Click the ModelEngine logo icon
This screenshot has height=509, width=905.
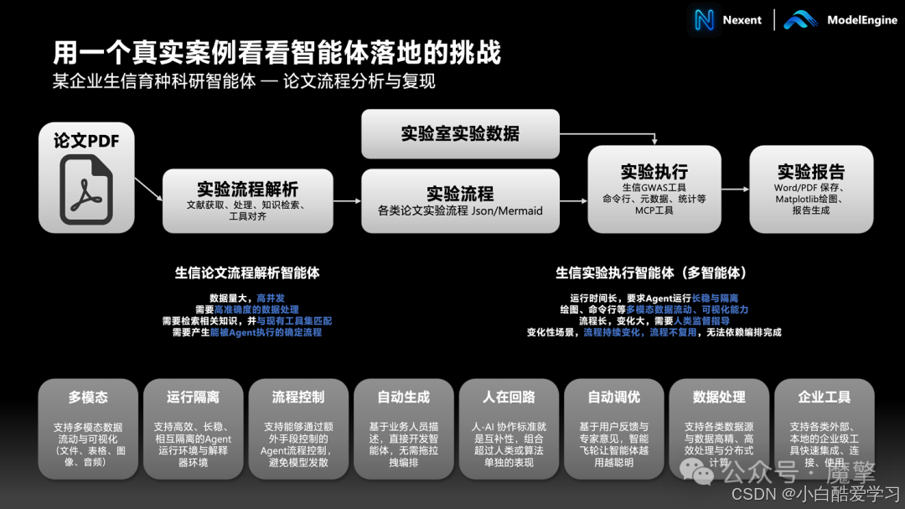coord(800,20)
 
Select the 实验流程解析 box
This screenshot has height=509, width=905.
coord(247,200)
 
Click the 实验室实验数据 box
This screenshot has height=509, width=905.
coord(460,133)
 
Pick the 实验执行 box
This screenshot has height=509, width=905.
coord(654,188)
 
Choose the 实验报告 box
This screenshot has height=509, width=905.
coord(810,188)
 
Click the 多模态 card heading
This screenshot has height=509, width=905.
coord(88,397)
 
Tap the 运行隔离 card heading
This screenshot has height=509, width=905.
coord(193,397)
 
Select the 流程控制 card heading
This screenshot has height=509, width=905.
coord(298,397)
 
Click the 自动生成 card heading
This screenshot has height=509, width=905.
coord(404,397)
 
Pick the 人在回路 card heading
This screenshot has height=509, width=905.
coord(509,397)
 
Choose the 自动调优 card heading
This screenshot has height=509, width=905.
coord(614,397)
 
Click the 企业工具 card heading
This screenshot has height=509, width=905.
coord(825,397)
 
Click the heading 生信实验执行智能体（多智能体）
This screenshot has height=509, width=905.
coord(651,273)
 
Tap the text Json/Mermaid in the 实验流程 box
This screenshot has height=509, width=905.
coord(505,211)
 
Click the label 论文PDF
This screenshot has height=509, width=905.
coord(86,141)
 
